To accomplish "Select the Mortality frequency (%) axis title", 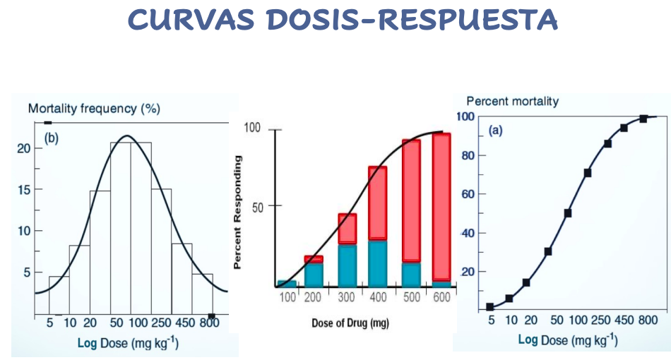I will pyautogui.click(x=94, y=109).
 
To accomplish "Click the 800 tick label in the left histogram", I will pyautogui.click(x=209, y=323).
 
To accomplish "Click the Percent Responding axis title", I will pyautogui.click(x=238, y=212).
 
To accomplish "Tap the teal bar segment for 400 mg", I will pyautogui.click(x=378, y=262).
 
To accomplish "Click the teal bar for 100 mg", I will pyautogui.click(x=287, y=284).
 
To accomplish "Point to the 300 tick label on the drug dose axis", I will pyautogui.click(x=346, y=298).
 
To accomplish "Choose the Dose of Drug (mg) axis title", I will pyautogui.click(x=350, y=323).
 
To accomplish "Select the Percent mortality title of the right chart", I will pyautogui.click(x=512, y=101).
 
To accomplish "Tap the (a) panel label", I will pyautogui.click(x=496, y=131).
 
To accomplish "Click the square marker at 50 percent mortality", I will pyautogui.click(x=567, y=212).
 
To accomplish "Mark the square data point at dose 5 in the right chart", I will pyautogui.click(x=490, y=307).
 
